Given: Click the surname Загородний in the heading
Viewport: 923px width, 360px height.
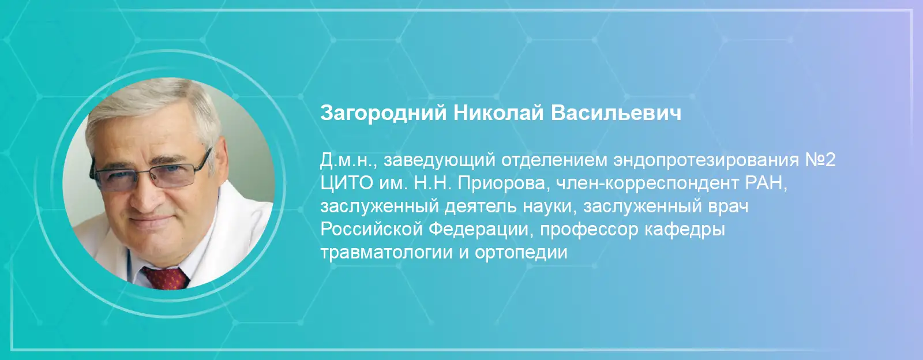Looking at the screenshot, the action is (383, 113).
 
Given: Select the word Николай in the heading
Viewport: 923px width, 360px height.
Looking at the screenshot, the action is (498, 112).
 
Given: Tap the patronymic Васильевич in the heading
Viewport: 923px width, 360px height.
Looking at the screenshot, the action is (616, 112).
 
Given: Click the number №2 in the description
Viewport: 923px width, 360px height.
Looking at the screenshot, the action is (820, 160).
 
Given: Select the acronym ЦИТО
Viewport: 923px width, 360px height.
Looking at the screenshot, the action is (347, 183).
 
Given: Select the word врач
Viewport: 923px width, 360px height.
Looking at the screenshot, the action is (727, 207).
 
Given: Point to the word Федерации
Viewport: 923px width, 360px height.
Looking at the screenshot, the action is (478, 230).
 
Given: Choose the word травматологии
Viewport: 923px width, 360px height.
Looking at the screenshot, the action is (386, 253).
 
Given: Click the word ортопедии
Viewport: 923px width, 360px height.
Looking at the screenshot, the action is (521, 253).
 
